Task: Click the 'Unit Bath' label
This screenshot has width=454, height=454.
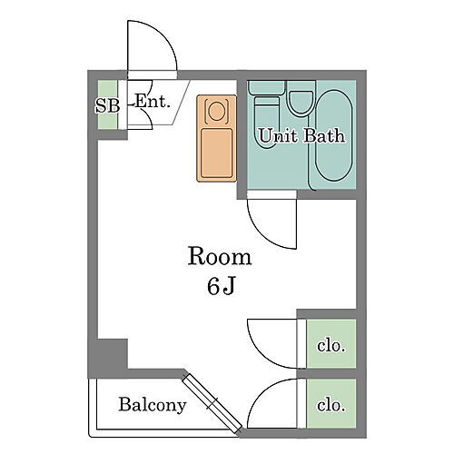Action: click(301, 137)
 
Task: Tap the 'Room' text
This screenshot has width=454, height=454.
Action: click(220, 257)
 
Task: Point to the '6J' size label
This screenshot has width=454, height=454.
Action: click(221, 288)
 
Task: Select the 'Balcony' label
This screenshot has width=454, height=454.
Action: click(153, 405)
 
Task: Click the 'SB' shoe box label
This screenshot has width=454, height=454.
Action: click(107, 104)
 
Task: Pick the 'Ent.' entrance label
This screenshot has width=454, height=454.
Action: click(153, 102)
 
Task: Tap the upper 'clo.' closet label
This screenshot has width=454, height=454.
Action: click(331, 345)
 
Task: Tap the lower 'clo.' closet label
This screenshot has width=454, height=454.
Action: click(331, 405)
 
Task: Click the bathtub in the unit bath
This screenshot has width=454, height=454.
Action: click(330, 136)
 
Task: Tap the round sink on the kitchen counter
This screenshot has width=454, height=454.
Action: click(217, 111)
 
